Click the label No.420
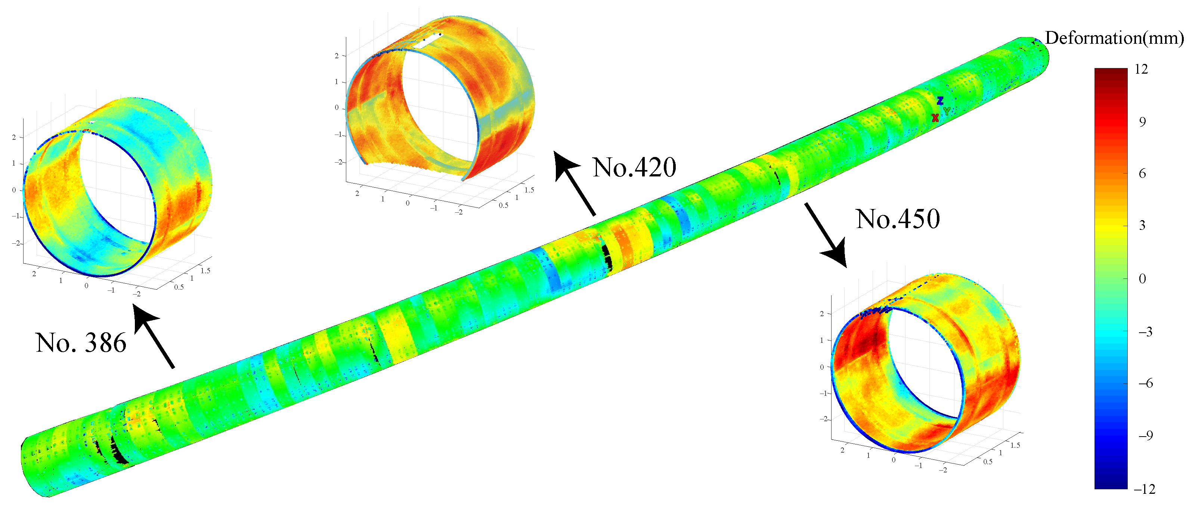(634, 167)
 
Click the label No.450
(897, 219)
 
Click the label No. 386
(81, 343)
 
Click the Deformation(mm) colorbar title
(1114, 38)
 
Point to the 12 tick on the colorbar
(1142, 70)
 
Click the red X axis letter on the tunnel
(935, 118)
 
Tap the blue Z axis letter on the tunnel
(940, 101)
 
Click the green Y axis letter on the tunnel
(947, 111)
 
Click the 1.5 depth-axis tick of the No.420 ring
(529, 190)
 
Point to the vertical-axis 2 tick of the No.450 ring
(822, 314)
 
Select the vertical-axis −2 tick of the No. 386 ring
(17, 243)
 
